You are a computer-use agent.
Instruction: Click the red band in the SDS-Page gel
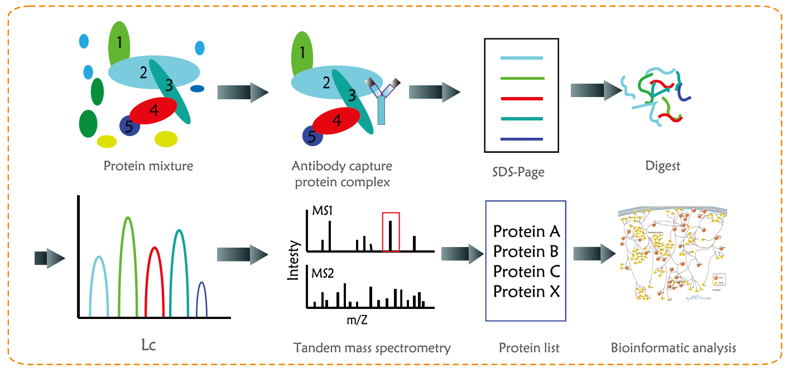coord(521,98)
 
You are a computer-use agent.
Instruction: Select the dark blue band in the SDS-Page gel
coord(521,138)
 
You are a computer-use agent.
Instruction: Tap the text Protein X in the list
coord(526,292)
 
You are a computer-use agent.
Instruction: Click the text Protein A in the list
coord(526,231)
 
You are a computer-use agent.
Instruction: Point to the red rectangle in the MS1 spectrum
coord(391,231)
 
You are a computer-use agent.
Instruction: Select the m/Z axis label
coord(357,321)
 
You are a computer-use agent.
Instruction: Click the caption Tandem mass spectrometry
coord(372,348)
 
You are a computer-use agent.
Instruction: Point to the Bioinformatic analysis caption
coord(673,348)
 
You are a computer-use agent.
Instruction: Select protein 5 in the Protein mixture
coord(129,127)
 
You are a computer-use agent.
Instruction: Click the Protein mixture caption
coord(148,166)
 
